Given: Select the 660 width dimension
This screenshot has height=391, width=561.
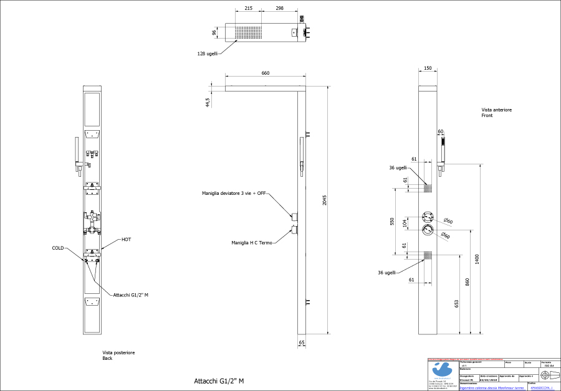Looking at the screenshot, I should (266, 73).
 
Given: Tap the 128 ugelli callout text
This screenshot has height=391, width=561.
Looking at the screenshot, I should (208, 54).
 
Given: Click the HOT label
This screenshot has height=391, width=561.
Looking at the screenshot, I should (126, 240).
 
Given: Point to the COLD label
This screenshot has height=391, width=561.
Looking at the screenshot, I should (59, 248).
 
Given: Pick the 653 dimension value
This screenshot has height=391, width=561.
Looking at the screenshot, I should (456, 303).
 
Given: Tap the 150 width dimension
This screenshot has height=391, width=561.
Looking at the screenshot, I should (428, 68).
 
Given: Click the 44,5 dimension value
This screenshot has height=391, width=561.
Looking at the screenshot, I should (208, 101).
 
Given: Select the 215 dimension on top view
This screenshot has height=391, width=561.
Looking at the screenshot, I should (248, 9).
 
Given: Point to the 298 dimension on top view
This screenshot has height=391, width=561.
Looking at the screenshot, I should (279, 9).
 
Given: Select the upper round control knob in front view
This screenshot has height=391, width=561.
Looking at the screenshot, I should (428, 217).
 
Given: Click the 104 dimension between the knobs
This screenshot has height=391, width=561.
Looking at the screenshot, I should (405, 223).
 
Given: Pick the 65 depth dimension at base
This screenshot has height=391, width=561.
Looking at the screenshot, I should (302, 343).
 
